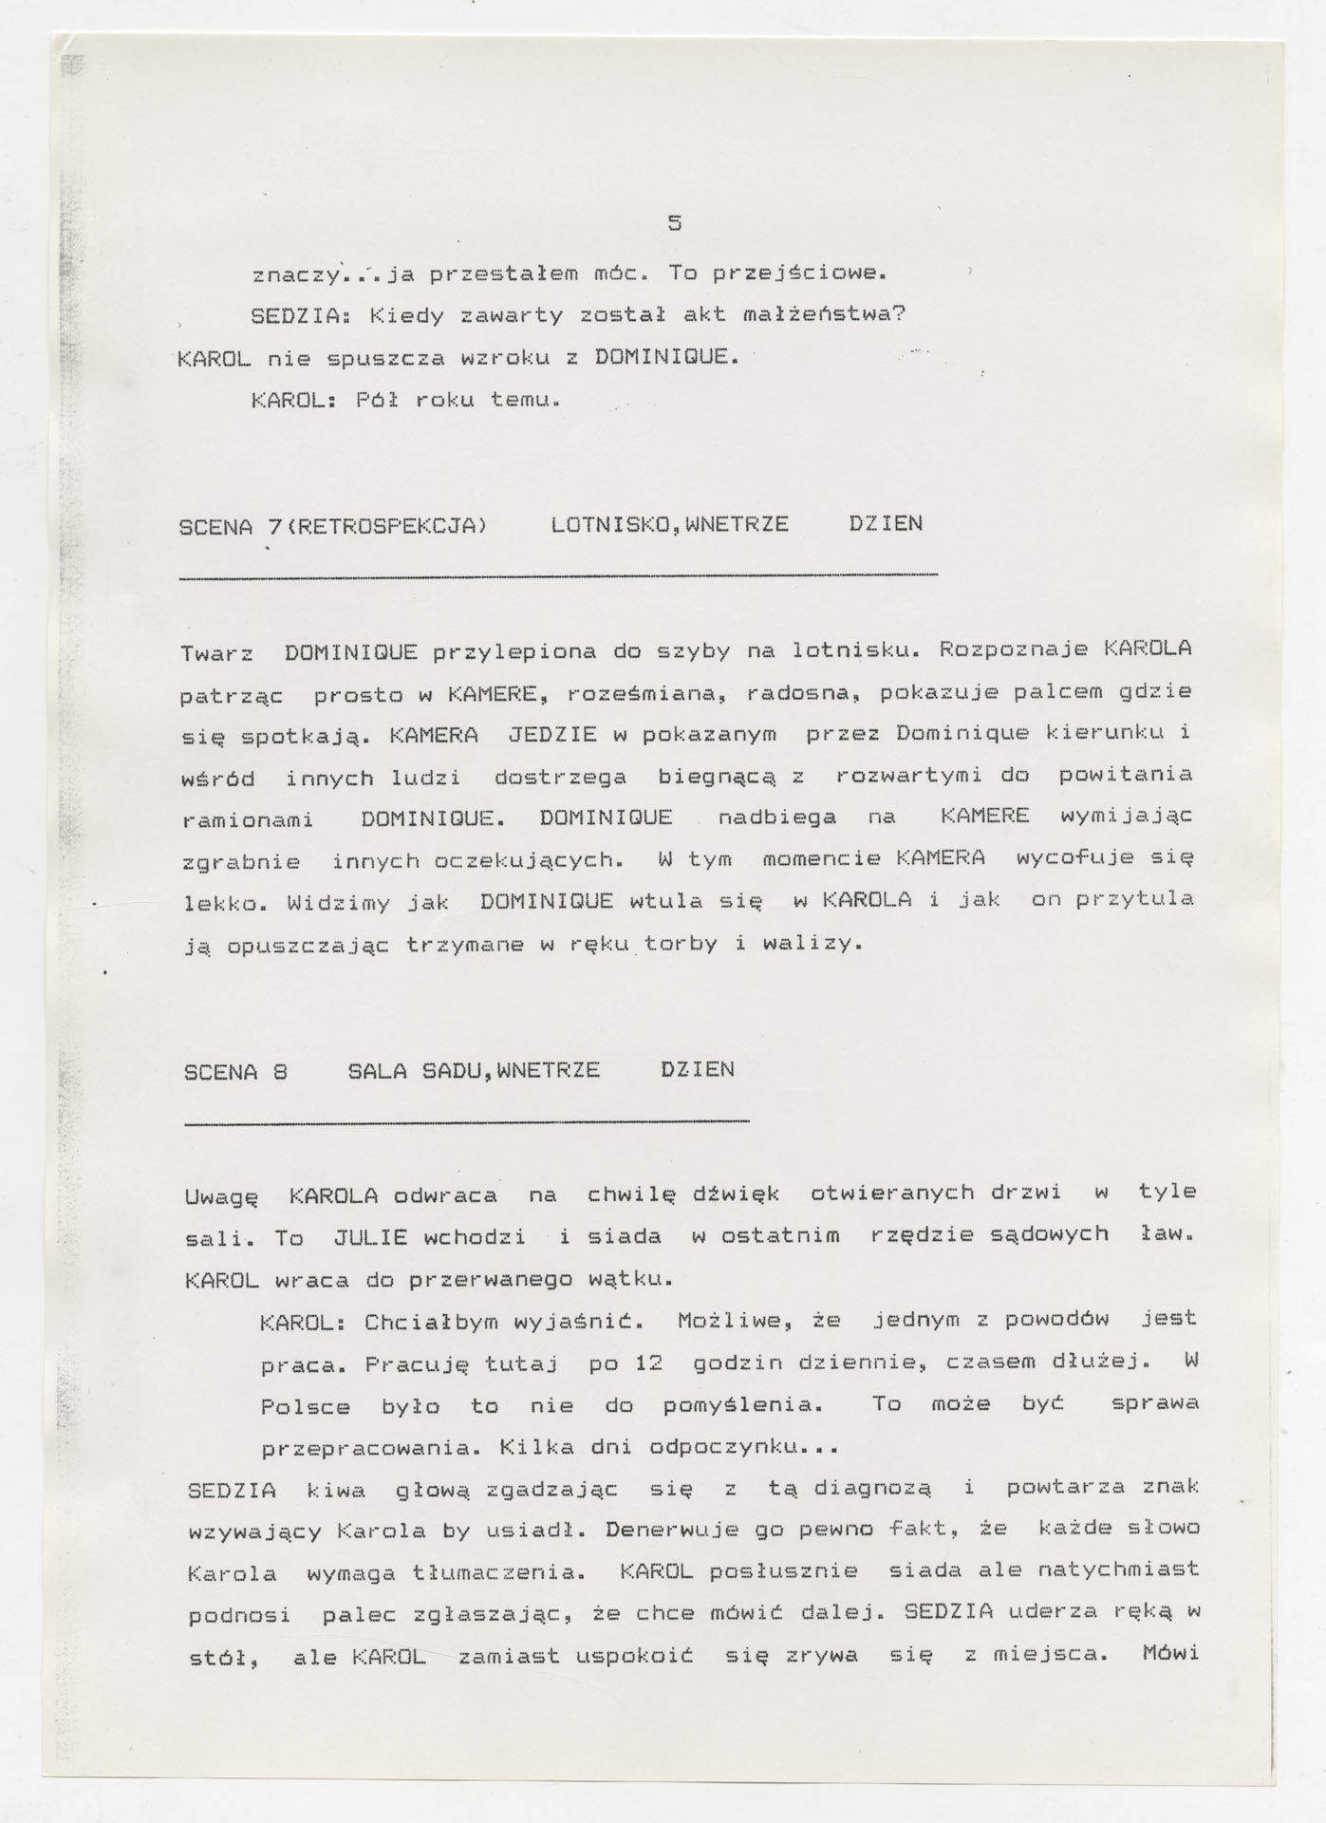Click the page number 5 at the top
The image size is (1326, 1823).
pos(674,223)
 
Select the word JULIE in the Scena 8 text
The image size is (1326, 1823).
pos(371,1238)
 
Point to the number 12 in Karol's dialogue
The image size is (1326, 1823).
pos(649,1363)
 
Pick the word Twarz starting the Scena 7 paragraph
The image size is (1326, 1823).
pos(216,654)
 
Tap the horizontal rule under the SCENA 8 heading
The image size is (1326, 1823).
pos(467,1121)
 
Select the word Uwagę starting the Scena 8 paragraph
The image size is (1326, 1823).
pos(222,1196)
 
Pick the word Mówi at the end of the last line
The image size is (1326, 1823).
pos(1171,1653)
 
